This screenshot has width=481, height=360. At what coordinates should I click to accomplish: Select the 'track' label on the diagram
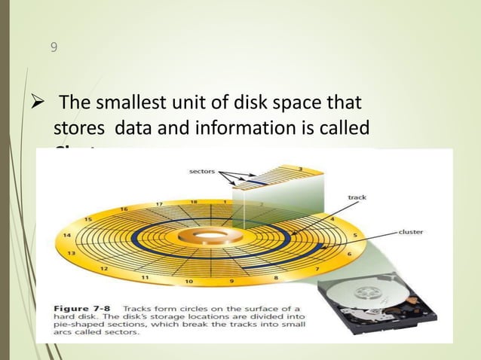[x=357, y=197]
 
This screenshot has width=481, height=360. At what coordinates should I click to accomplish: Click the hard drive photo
[x=374, y=307]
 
